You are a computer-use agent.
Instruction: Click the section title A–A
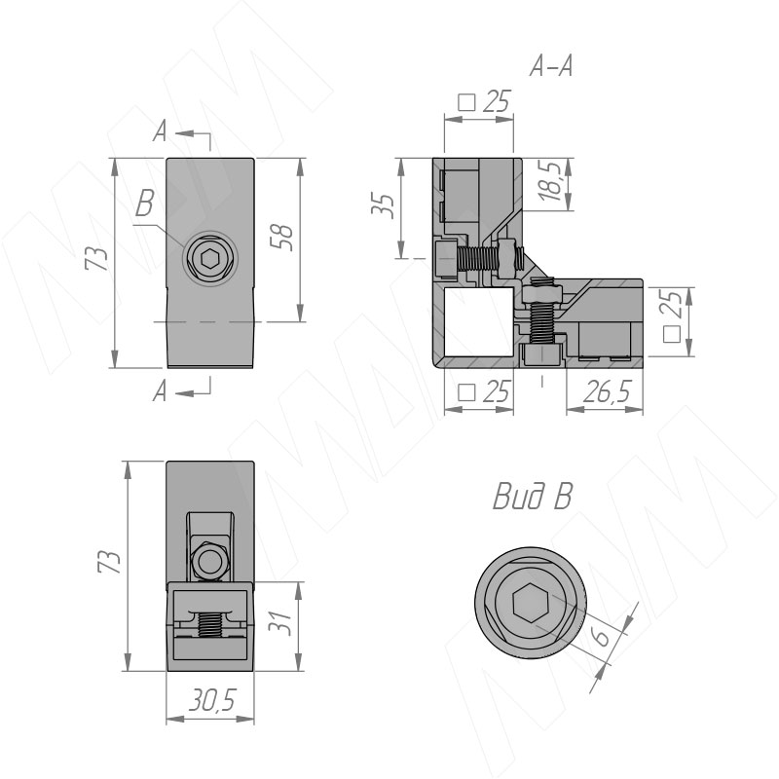pyautogui.click(x=551, y=65)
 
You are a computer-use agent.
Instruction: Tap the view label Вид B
pyautogui.click(x=532, y=497)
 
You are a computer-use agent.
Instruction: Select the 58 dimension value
pyautogui.click(x=282, y=238)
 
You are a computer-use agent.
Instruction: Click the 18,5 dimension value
pyautogui.click(x=551, y=180)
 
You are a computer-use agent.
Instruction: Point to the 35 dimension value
pyautogui.click(x=384, y=204)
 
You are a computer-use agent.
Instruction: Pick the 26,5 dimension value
pyautogui.click(x=607, y=391)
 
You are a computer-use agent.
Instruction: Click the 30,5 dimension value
pyautogui.click(x=211, y=700)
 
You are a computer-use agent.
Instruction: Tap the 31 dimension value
pyautogui.click(x=279, y=621)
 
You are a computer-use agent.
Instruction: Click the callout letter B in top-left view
pyautogui.click(x=144, y=204)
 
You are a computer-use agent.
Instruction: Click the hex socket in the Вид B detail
pyautogui.click(x=530, y=603)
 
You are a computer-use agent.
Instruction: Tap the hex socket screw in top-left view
pyautogui.click(x=209, y=258)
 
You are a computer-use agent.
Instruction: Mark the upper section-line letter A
pyautogui.click(x=160, y=132)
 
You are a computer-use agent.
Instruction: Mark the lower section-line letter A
pyautogui.click(x=160, y=391)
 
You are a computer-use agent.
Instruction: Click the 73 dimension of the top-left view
pyautogui.click(x=96, y=258)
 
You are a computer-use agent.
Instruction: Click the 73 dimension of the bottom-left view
pyautogui.click(x=109, y=562)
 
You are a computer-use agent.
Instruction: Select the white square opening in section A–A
pyautogui.click(x=478, y=321)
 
